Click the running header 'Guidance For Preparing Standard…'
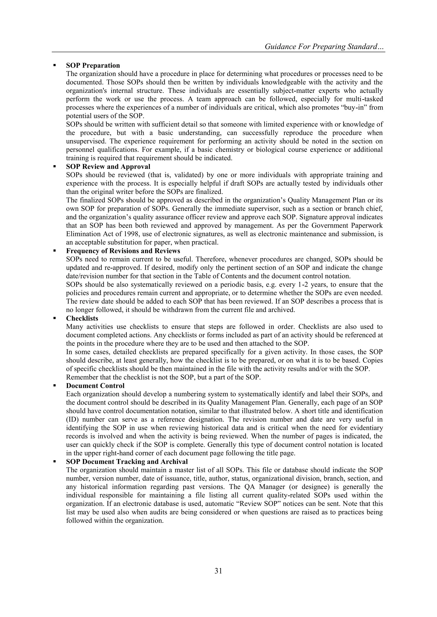(325, 46)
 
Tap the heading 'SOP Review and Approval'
(108, 167)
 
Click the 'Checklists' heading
(82, 318)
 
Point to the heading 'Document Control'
(95, 386)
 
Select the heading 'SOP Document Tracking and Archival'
(127, 461)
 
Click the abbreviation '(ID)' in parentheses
(72, 419)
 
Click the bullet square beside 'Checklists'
(55, 318)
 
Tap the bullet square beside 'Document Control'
(55, 385)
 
